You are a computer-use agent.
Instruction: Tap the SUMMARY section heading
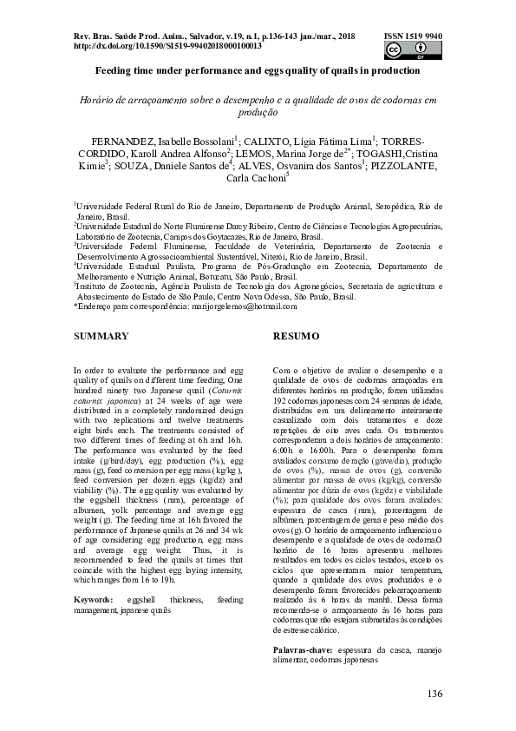tap(101, 335)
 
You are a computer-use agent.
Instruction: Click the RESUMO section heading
tap(297, 335)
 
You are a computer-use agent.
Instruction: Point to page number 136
tap(434, 693)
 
